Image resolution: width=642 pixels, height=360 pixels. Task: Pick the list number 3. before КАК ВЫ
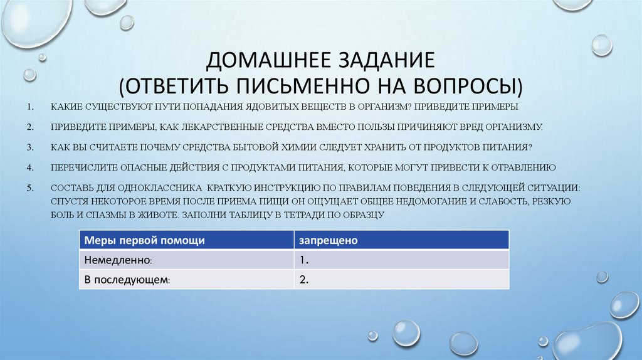pos(30,147)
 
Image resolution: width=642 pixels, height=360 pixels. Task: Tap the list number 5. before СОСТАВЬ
pos(30,188)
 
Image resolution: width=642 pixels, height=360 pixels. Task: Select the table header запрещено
pos(328,240)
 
